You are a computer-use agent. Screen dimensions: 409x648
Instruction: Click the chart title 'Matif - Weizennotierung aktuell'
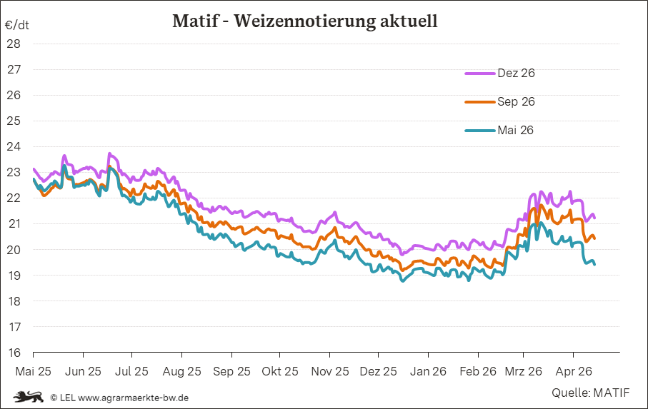coord(304,21)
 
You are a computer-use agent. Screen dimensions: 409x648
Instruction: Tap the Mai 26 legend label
coord(515,130)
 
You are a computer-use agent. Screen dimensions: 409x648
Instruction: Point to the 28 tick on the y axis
coord(13,44)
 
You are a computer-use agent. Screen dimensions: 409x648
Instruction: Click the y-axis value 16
coord(13,353)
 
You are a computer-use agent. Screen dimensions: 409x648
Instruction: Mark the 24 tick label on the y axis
coord(13,146)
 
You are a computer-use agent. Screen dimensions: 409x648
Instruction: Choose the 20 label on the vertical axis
coord(13,250)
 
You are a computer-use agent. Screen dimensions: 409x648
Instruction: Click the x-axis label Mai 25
coord(33,371)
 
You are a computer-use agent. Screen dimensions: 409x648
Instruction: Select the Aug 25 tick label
coord(181,371)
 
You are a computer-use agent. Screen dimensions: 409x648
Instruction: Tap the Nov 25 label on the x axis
coord(329,371)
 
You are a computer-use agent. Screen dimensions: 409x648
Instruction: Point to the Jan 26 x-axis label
coord(428,371)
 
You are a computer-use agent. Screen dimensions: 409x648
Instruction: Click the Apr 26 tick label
coord(573,371)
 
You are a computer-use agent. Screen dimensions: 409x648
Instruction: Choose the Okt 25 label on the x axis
coord(280,371)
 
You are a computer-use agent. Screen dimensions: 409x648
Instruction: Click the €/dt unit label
coord(16,25)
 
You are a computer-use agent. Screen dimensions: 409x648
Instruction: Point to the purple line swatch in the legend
coord(479,73)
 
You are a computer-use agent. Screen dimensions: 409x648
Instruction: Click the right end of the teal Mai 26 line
coord(594,263)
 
